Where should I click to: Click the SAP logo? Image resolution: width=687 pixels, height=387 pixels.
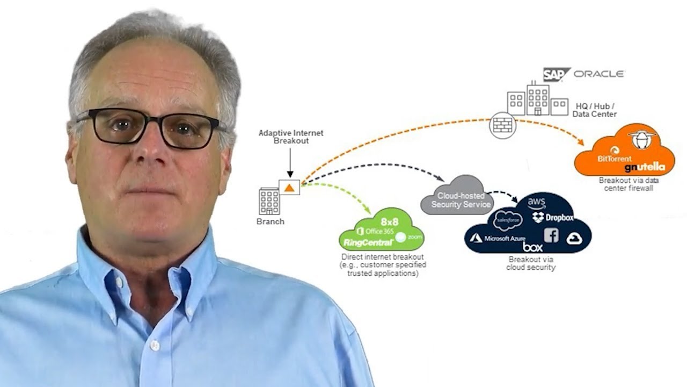pyautogui.click(x=556, y=74)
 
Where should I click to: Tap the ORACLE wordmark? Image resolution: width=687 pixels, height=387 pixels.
pyautogui.click(x=598, y=74)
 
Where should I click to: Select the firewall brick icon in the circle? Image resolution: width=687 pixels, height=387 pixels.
pyautogui.click(x=502, y=126)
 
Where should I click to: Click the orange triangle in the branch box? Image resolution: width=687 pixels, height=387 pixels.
pyautogui.click(x=289, y=188)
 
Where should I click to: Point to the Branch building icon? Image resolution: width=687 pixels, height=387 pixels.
pyautogui.click(x=269, y=201)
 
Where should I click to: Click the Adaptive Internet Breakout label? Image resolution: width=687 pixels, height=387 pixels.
pyautogui.click(x=291, y=137)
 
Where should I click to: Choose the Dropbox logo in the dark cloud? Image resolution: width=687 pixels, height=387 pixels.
pyautogui.click(x=553, y=218)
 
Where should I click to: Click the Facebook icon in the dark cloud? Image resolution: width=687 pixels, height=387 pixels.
pyautogui.click(x=551, y=235)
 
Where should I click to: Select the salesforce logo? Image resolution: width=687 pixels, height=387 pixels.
pyautogui.click(x=507, y=220)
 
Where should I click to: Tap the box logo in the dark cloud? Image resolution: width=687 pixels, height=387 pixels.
pyautogui.click(x=532, y=247)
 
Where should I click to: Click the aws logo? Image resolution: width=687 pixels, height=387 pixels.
pyautogui.click(x=537, y=204)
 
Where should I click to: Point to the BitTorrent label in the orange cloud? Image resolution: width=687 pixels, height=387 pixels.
pyautogui.click(x=615, y=159)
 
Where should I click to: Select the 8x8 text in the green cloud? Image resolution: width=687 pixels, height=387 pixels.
pyautogui.click(x=390, y=221)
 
